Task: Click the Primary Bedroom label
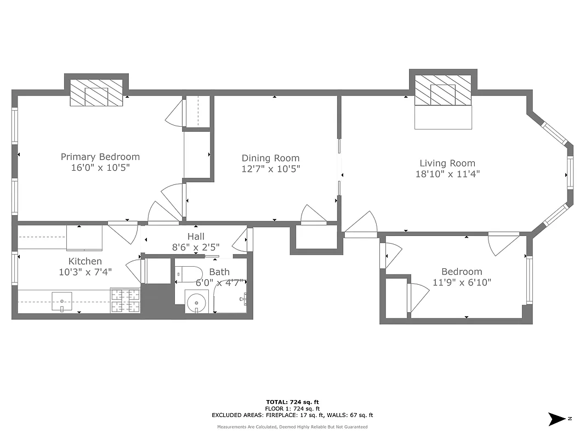tap(100, 157)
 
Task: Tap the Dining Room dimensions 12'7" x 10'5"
tap(271, 169)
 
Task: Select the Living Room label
tap(447, 163)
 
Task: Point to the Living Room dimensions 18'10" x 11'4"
tap(447, 174)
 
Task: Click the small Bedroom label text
tap(462, 272)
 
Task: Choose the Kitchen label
tap(85, 261)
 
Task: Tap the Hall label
tap(196, 237)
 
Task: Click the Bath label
tap(219, 272)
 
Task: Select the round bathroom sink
tap(196, 301)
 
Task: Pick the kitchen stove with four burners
tap(126, 301)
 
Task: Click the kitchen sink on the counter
tap(62, 301)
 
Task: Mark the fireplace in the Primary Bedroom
tap(96, 93)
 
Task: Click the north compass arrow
tap(558, 419)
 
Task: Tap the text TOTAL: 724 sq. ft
tap(292, 402)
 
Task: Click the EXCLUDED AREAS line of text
tap(292, 415)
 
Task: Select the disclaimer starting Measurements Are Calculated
tap(292, 427)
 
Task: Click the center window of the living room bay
tap(570, 173)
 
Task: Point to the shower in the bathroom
tap(230, 299)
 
